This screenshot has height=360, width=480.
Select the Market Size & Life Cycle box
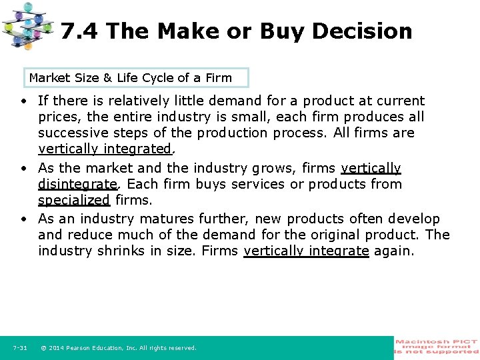coord(136,78)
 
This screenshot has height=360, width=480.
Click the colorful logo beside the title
coord(27,25)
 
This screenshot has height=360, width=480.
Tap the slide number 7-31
coord(19,348)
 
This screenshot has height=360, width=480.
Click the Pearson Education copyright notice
coord(119,348)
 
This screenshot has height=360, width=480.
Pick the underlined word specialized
coord(73,200)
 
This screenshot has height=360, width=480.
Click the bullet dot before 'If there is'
coord(23,101)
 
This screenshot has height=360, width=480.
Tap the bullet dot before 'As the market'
coord(23,169)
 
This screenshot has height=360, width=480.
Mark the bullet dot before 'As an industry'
coord(23,219)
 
